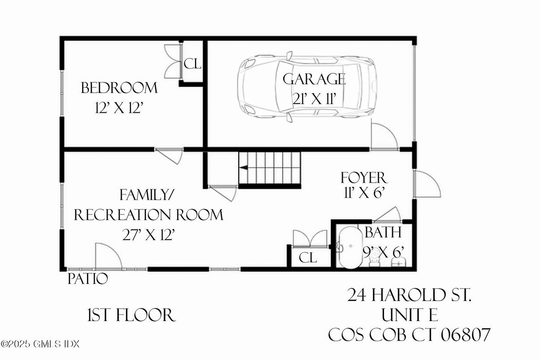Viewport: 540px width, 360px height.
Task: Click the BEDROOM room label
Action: click(119, 88)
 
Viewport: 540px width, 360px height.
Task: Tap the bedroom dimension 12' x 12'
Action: click(119, 108)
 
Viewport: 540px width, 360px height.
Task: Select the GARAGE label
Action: click(314, 79)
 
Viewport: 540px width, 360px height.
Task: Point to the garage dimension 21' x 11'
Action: click(314, 99)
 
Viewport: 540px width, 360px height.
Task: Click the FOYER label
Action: click(363, 177)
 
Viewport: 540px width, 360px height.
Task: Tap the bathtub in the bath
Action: click(350, 247)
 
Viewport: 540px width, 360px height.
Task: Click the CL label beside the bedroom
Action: click(193, 64)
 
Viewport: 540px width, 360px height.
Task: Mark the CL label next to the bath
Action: click(308, 257)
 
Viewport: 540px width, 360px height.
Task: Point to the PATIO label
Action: click(88, 279)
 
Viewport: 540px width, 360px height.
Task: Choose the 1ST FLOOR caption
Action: click(130, 316)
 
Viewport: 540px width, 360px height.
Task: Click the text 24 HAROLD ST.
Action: click(410, 296)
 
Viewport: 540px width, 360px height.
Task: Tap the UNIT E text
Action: click(410, 315)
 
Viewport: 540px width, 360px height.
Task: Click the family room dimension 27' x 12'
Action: click(148, 235)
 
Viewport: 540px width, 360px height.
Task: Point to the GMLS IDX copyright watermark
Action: click(40, 344)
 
